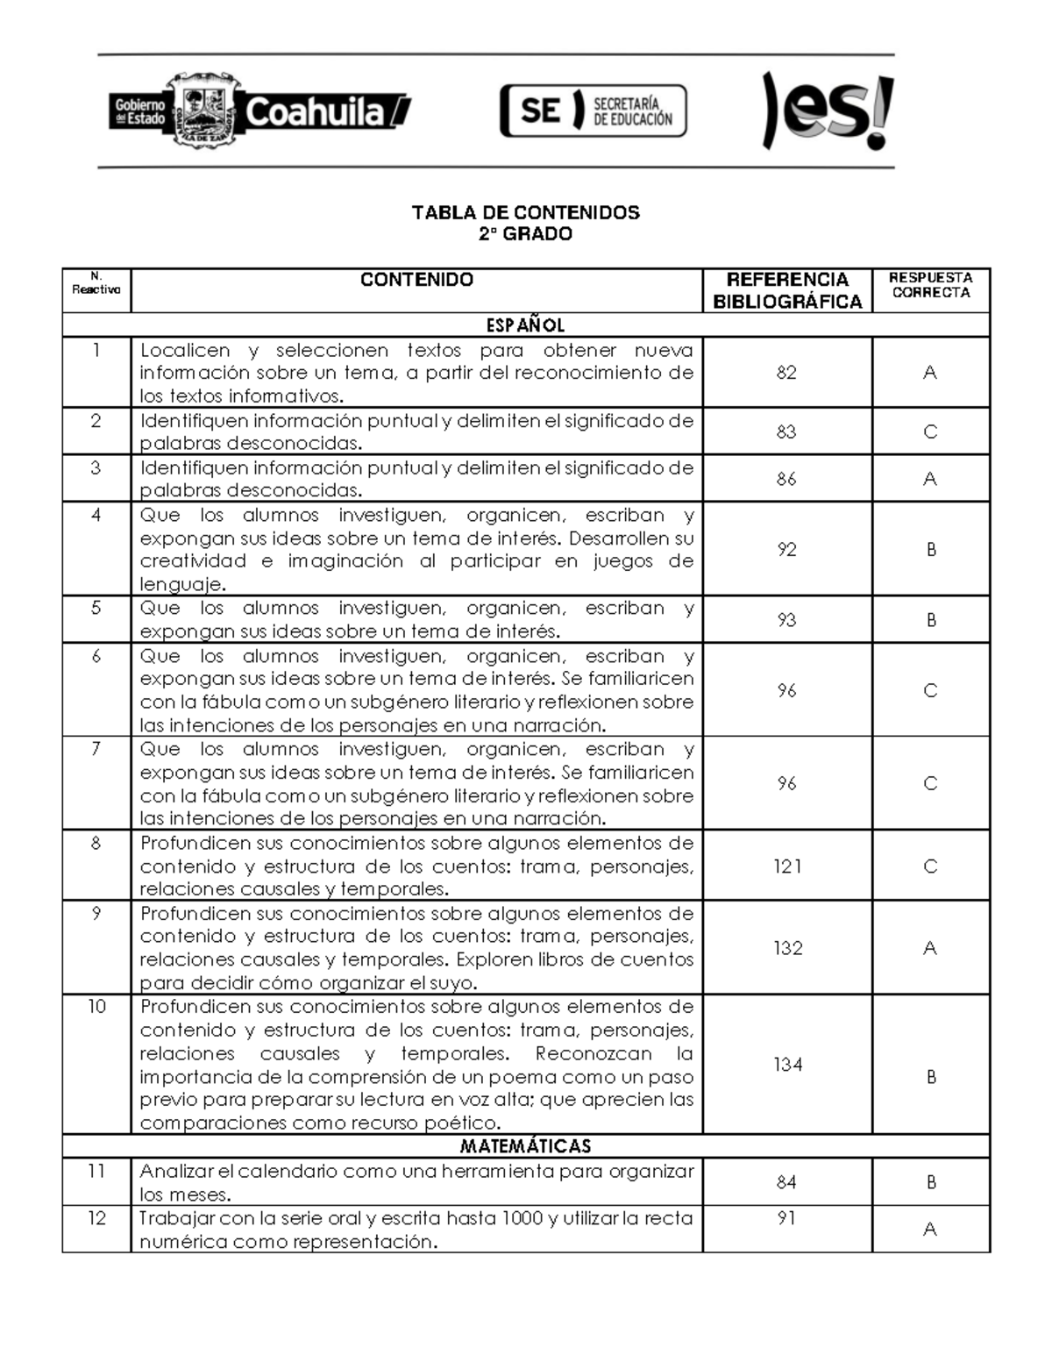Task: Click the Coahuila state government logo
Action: coord(259,112)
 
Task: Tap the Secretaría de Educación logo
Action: coord(594,111)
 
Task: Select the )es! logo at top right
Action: coord(827,111)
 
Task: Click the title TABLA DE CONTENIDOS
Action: coord(525,212)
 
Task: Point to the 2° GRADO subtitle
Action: coord(525,234)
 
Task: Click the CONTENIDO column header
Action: coord(416,280)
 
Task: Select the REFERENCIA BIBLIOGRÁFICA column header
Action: coord(787,290)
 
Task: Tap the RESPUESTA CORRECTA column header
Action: coord(930,285)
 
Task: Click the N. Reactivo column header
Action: coord(96,284)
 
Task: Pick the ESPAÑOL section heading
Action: coord(525,325)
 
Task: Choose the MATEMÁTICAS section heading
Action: coord(525,1146)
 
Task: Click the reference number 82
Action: coord(786,373)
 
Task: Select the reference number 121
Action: coord(787,866)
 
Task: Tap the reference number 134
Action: coord(787,1065)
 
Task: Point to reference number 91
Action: coord(786,1218)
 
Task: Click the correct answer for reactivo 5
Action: coord(931,620)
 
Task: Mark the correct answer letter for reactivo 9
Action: coord(930,948)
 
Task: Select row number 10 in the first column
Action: coord(96,1007)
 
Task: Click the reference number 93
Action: coord(786,620)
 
